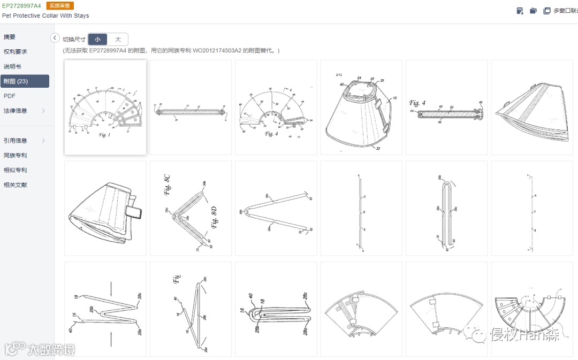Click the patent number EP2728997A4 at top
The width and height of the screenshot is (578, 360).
[x=21, y=6]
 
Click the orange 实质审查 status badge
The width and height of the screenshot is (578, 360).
[x=60, y=6]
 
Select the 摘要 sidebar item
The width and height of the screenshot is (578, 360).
[x=10, y=37]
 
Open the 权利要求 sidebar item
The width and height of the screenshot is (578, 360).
[x=15, y=52]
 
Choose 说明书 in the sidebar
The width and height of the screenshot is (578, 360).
[x=12, y=66]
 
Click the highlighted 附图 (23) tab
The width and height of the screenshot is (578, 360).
[x=16, y=81]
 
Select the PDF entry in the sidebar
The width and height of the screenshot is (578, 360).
[x=9, y=96]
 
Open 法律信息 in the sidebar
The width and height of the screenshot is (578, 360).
[x=15, y=111]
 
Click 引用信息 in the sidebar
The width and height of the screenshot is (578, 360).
[x=15, y=141]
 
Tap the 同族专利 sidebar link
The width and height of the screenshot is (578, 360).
[x=15, y=156]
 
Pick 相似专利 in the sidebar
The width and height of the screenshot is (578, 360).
[x=15, y=170]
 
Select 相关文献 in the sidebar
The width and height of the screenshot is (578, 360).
[x=15, y=185]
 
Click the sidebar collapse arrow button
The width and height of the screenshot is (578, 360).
[x=55, y=37]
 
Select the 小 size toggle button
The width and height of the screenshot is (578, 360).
[x=97, y=40]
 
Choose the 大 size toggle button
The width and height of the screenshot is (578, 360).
[x=118, y=40]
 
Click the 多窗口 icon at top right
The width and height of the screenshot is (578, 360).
[x=547, y=11]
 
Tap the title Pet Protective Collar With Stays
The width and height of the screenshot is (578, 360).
[x=45, y=16]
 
